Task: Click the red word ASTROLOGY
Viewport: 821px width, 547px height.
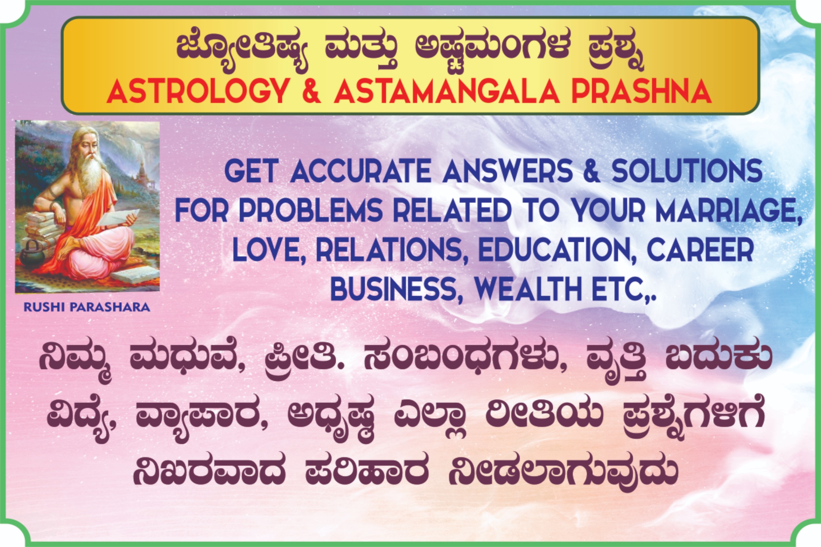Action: [x=198, y=91]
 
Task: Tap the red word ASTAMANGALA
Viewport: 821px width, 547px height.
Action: [x=447, y=91]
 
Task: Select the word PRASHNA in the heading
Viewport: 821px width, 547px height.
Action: [x=641, y=91]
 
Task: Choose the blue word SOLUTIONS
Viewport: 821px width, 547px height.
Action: [x=687, y=171]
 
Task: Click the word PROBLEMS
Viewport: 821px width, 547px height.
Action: [x=311, y=210]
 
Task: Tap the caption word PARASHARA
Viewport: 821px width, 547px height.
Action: [x=110, y=307]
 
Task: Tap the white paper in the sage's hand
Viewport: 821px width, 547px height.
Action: [x=120, y=216]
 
